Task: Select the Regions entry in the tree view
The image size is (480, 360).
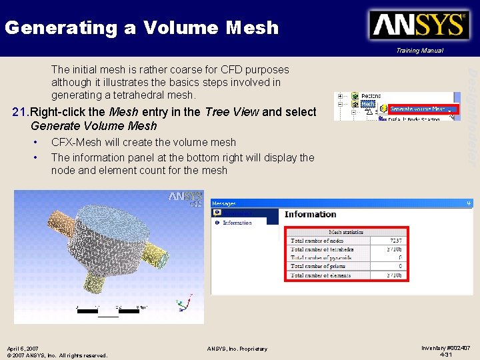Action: (x=371, y=95)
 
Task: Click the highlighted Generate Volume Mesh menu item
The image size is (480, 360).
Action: (x=421, y=109)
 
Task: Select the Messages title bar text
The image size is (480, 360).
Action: (x=225, y=203)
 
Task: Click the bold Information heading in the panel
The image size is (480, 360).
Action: (x=310, y=214)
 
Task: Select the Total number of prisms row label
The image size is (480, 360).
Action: (x=323, y=266)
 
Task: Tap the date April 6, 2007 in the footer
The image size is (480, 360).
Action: (x=23, y=349)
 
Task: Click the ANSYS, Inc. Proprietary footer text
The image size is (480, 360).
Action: (x=237, y=349)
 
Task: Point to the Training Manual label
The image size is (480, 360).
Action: (x=419, y=51)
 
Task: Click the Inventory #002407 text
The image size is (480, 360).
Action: (x=446, y=347)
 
